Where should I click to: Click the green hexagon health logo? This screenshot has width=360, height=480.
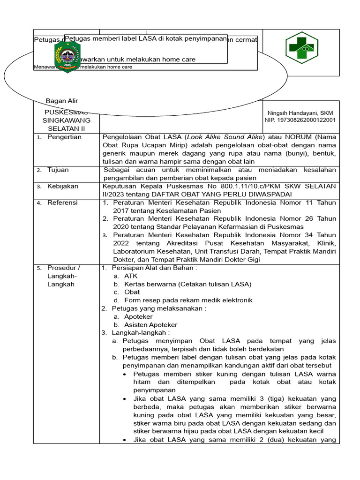coord(302,48)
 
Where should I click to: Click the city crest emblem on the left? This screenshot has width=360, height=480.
coord(67,56)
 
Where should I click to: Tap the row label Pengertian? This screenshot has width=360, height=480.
coord(64,137)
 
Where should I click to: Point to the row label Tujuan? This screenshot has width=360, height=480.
coord(58,170)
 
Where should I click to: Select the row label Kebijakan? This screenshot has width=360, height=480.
coord(62,186)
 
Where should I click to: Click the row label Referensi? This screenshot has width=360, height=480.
coord(62,202)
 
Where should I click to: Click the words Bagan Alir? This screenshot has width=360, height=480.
coord(61,101)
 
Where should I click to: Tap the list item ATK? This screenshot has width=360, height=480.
coord(131,276)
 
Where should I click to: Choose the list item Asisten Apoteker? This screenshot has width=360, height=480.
coord(150,325)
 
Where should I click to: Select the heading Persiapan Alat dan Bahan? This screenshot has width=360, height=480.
coord(154,268)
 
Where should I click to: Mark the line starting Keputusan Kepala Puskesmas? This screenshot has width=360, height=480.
coord(219,186)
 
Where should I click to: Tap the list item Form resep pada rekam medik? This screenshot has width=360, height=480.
coord(188,300)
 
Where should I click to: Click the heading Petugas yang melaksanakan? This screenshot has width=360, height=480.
coord(158,308)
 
